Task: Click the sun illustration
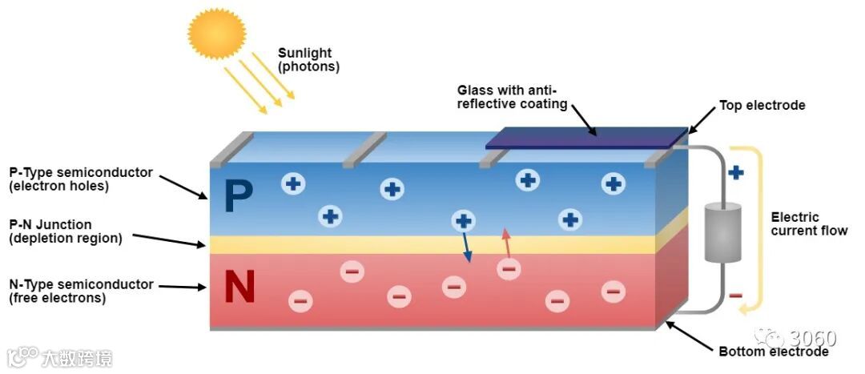216,34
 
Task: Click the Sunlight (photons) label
308,60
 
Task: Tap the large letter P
239,196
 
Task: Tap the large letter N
239,288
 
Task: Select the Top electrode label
762,106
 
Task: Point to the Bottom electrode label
773,352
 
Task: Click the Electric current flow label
808,223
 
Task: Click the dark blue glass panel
585,138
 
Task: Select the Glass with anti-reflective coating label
512,97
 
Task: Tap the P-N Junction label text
66,231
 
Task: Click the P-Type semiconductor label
80,179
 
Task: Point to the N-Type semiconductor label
81,292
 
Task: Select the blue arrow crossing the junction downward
466,247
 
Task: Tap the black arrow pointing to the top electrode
701,120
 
